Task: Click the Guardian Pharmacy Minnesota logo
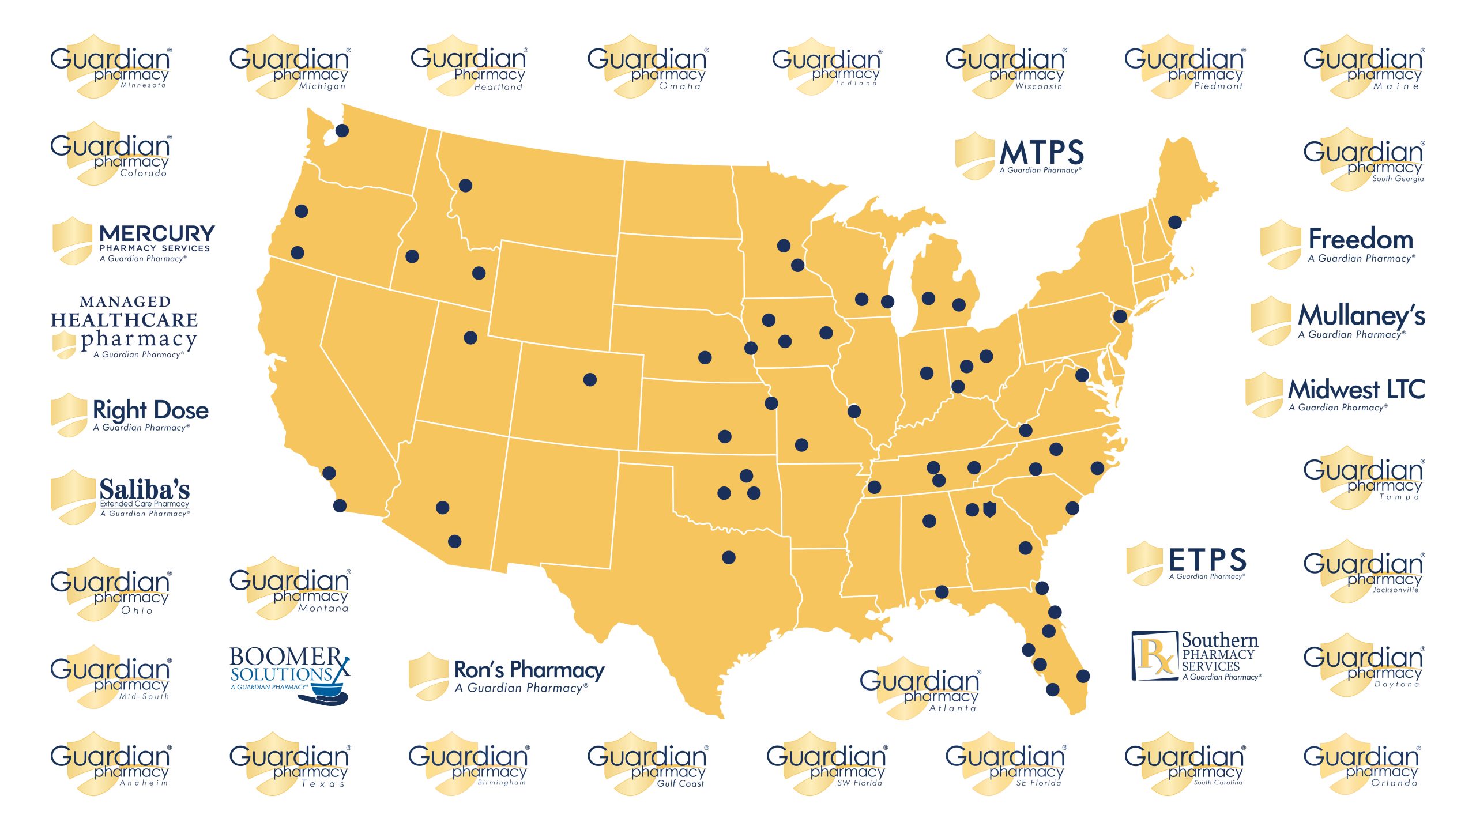click(x=111, y=67)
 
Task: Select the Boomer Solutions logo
click(x=290, y=673)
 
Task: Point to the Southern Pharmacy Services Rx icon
click(x=1155, y=656)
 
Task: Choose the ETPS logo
click(x=1187, y=562)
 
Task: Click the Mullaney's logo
click(x=1338, y=320)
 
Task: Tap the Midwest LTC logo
click(x=1335, y=394)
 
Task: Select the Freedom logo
click(x=1338, y=244)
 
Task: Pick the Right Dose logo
click(x=130, y=414)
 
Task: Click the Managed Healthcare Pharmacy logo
click(x=125, y=327)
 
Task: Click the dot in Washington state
click(x=342, y=130)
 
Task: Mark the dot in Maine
click(x=1174, y=222)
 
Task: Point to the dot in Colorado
click(x=590, y=379)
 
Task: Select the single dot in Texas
click(x=729, y=557)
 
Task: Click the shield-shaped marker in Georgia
click(x=989, y=510)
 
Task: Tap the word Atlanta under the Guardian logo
click(x=952, y=708)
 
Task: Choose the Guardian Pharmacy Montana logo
click(x=290, y=588)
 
